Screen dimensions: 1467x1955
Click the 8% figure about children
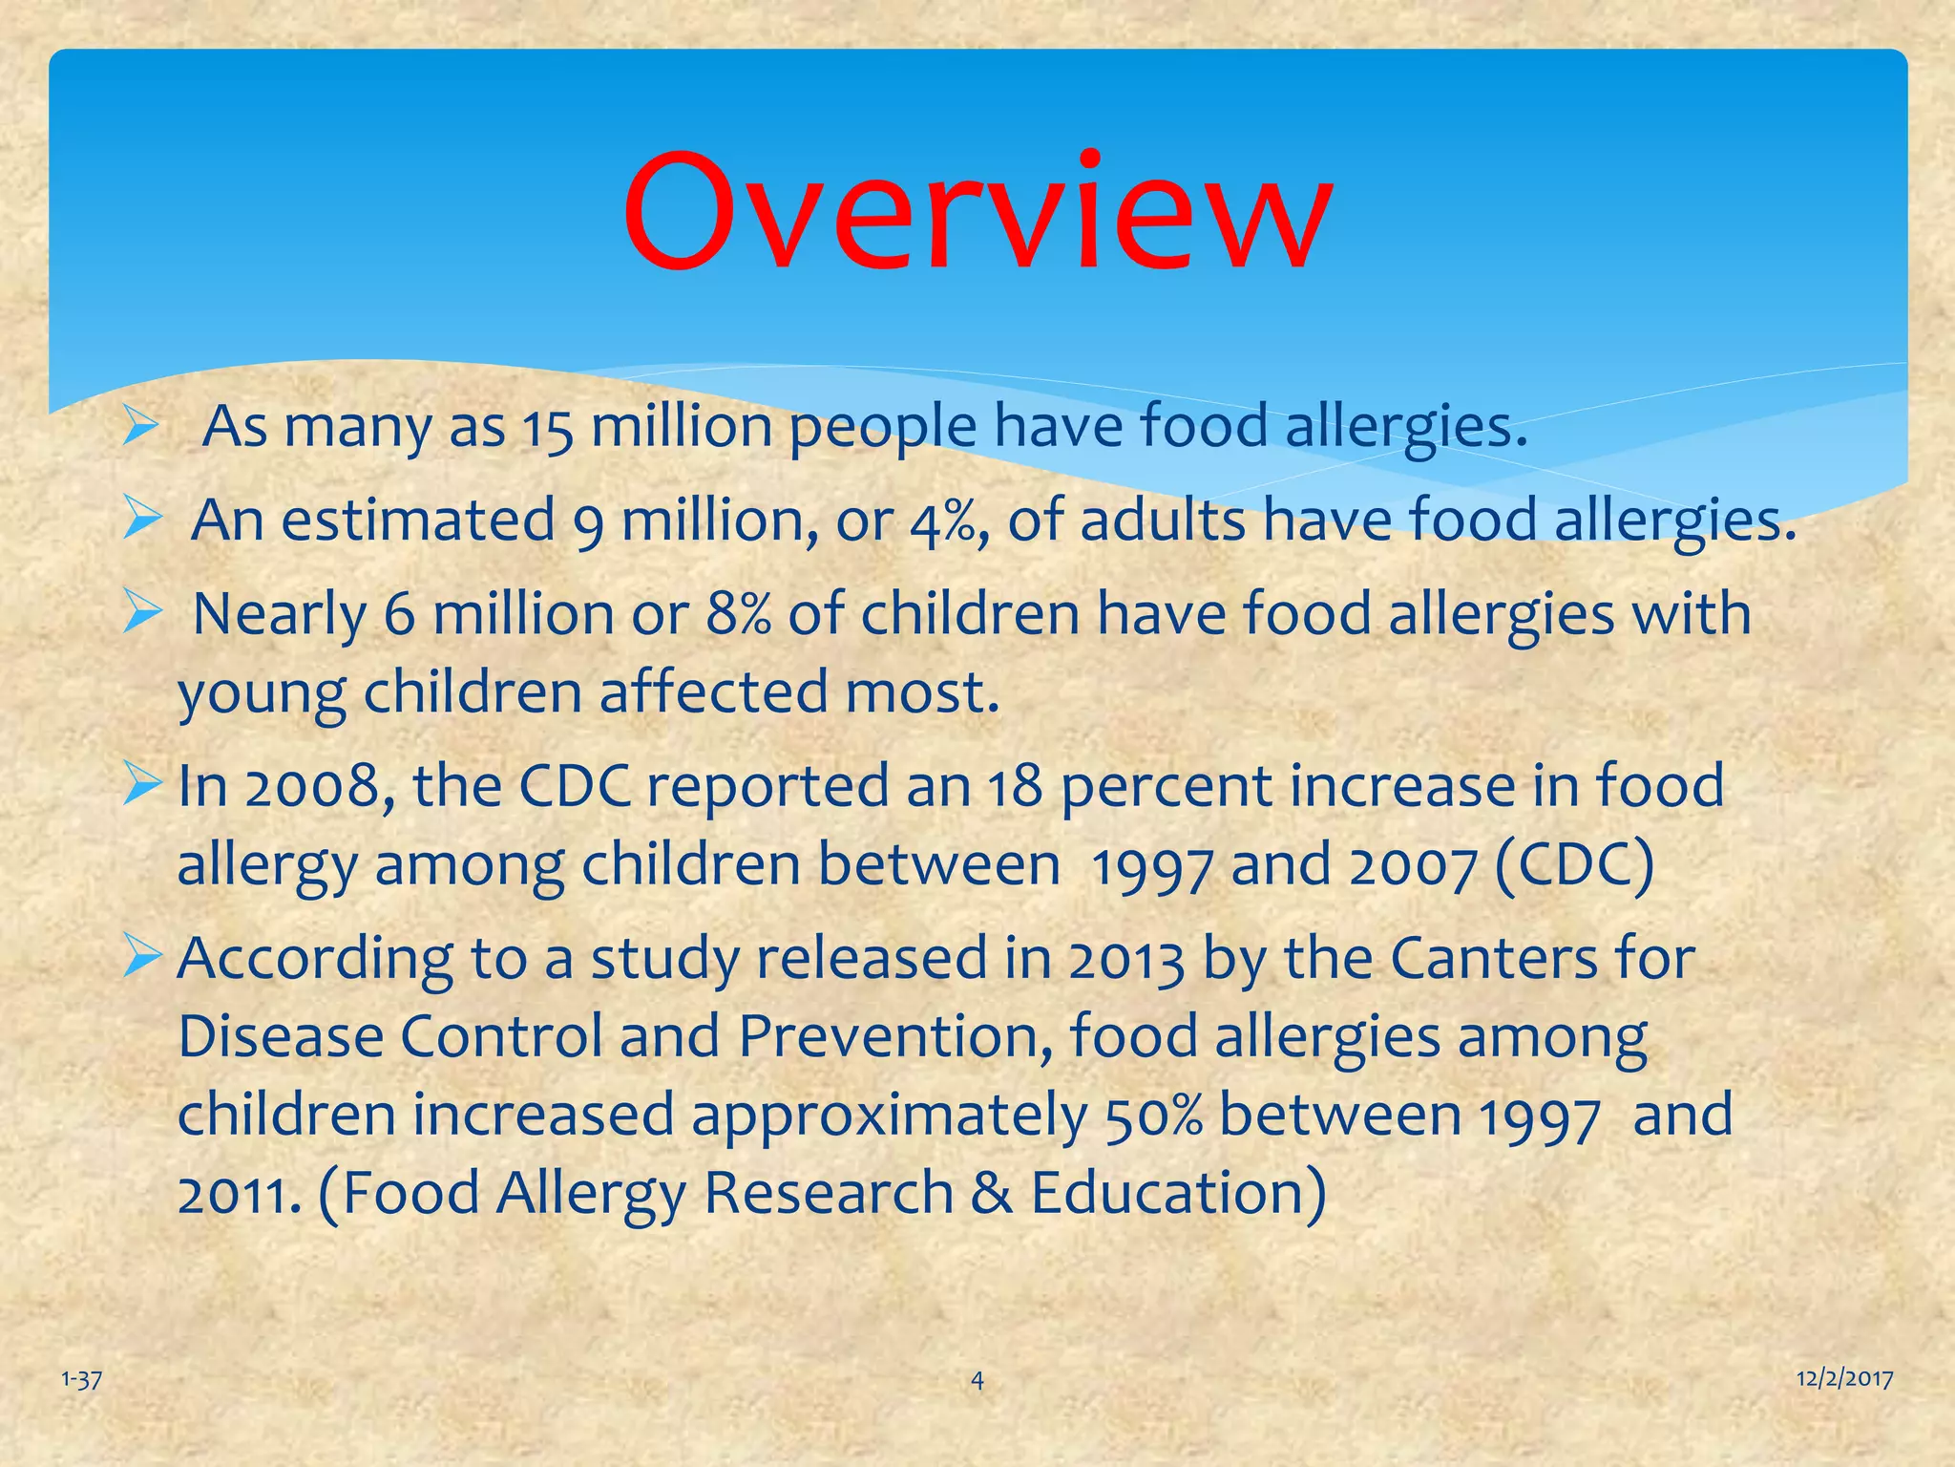tap(738, 616)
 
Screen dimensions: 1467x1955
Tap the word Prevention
tap(894, 1037)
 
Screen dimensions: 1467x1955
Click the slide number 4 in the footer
tap(977, 1379)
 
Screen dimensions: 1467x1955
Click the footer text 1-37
tap(81, 1379)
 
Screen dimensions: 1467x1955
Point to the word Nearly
tap(280, 615)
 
